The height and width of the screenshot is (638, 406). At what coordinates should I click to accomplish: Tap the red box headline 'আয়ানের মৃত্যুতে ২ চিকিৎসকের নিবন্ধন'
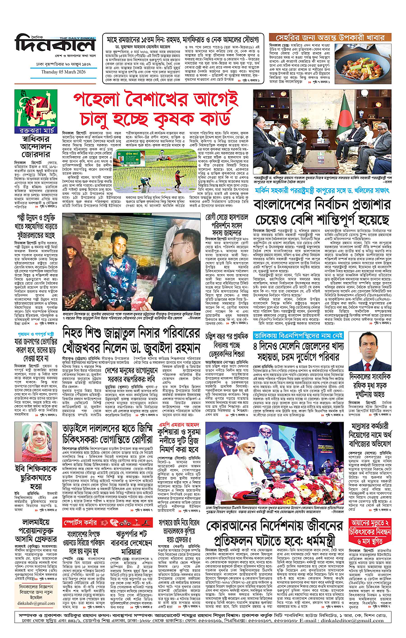369,528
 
